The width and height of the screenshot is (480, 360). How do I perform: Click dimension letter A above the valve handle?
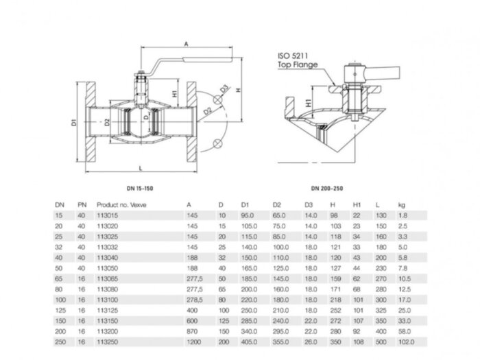tap(187, 43)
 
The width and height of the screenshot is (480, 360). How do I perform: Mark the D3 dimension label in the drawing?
tap(224, 90)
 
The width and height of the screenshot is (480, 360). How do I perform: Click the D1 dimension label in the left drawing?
tap(73, 124)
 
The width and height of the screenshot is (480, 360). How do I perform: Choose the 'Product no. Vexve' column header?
tap(122, 204)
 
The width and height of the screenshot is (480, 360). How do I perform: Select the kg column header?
tap(402, 204)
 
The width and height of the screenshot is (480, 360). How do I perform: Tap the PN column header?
tap(82, 204)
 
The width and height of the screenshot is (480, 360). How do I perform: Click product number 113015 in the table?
tap(107, 215)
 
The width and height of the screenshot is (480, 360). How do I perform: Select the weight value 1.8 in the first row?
tap(403, 215)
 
